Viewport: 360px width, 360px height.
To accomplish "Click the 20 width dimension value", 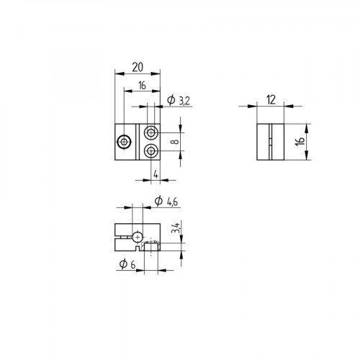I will pos(136,67).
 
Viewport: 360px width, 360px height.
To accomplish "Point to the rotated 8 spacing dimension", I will pos(174,142).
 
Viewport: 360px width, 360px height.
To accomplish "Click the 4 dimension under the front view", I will pos(156,174).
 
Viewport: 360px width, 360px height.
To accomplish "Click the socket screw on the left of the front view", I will pos(125,143).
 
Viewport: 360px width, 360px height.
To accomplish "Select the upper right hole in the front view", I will pos(151,133).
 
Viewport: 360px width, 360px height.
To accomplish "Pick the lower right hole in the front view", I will pos(151,150).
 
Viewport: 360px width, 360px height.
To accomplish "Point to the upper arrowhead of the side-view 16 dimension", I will pos(307,127).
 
